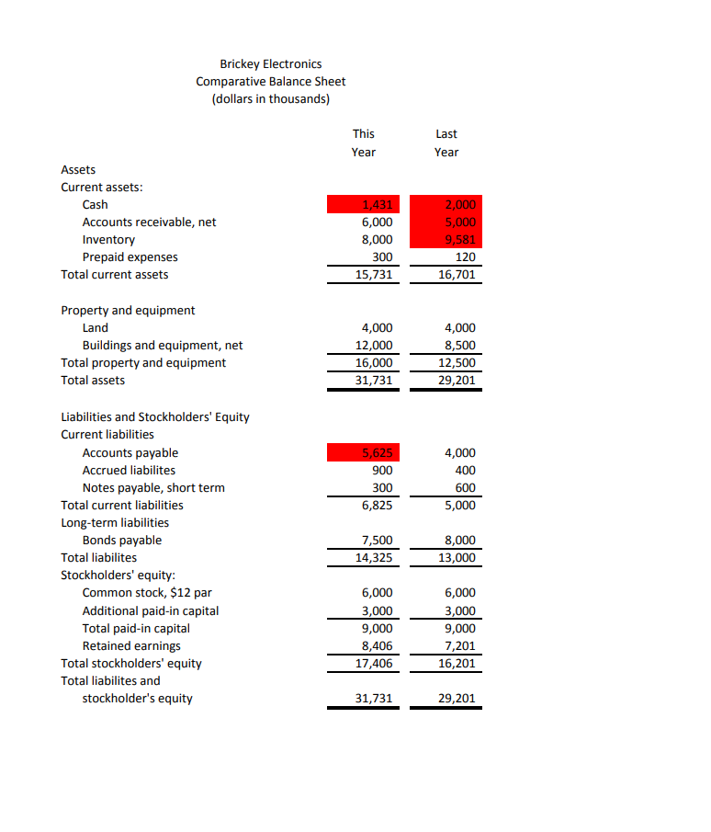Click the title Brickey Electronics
tap(271, 63)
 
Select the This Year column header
tap(364, 142)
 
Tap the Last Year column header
tap(446, 142)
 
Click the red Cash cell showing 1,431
tap(365, 204)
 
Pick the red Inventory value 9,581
tap(446, 239)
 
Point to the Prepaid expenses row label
tap(130, 256)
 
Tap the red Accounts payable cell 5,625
tap(365, 452)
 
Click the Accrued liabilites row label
tap(129, 470)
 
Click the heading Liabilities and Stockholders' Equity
tap(155, 416)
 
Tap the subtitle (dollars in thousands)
tap(271, 98)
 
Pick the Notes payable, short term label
tap(153, 487)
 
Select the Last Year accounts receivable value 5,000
tap(446, 222)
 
